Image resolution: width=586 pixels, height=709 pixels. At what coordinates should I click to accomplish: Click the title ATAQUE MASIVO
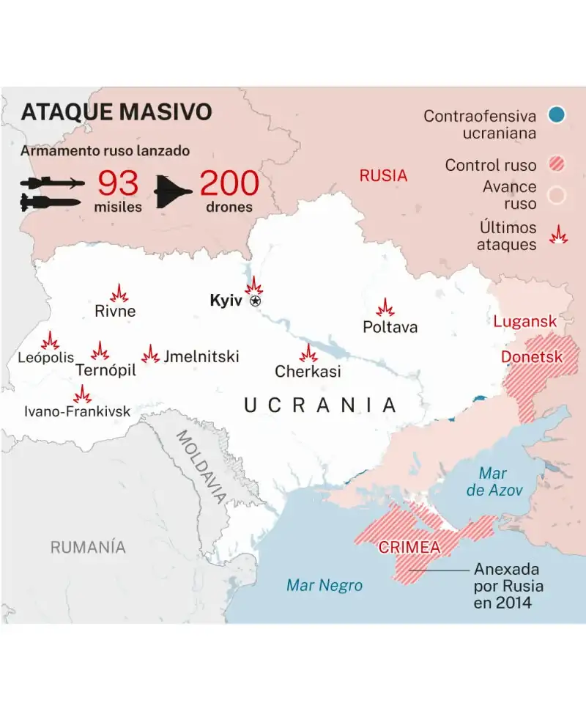pyautogui.click(x=116, y=112)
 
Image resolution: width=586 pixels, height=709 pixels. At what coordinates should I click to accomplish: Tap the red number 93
pyautogui.click(x=118, y=183)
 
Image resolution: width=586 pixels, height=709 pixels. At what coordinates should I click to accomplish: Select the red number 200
pyautogui.click(x=229, y=183)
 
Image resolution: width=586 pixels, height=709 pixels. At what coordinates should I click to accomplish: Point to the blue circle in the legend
pyautogui.click(x=556, y=114)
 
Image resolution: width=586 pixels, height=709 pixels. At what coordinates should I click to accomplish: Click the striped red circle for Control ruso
pyautogui.click(x=556, y=165)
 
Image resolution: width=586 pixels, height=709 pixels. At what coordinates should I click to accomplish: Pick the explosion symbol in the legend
pyautogui.click(x=558, y=235)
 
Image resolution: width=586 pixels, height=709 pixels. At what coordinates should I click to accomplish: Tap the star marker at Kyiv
pyautogui.click(x=255, y=301)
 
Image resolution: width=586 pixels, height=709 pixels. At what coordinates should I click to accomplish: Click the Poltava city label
pyautogui.click(x=390, y=327)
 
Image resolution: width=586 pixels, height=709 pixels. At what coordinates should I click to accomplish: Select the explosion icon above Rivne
pyautogui.click(x=119, y=293)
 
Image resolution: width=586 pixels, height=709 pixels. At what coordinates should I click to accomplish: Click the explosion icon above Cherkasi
pyautogui.click(x=308, y=353)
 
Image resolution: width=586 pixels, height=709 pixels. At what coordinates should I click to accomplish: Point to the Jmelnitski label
pyautogui.click(x=201, y=357)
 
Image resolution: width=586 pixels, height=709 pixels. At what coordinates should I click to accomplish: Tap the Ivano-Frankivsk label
pyautogui.click(x=77, y=411)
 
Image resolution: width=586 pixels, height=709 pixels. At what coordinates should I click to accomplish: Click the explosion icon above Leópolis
pyautogui.click(x=50, y=341)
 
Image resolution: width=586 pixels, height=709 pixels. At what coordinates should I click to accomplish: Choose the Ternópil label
pyautogui.click(x=106, y=370)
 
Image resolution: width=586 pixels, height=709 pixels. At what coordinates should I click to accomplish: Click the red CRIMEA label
pyautogui.click(x=409, y=547)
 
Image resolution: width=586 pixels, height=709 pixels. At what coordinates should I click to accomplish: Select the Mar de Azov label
pyautogui.click(x=495, y=482)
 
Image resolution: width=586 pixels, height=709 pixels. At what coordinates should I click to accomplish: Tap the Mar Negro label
pyautogui.click(x=324, y=585)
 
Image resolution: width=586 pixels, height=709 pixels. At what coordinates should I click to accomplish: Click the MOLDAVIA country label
pyautogui.click(x=201, y=466)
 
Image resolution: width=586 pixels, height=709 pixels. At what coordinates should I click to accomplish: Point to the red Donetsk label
pyautogui.click(x=532, y=357)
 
